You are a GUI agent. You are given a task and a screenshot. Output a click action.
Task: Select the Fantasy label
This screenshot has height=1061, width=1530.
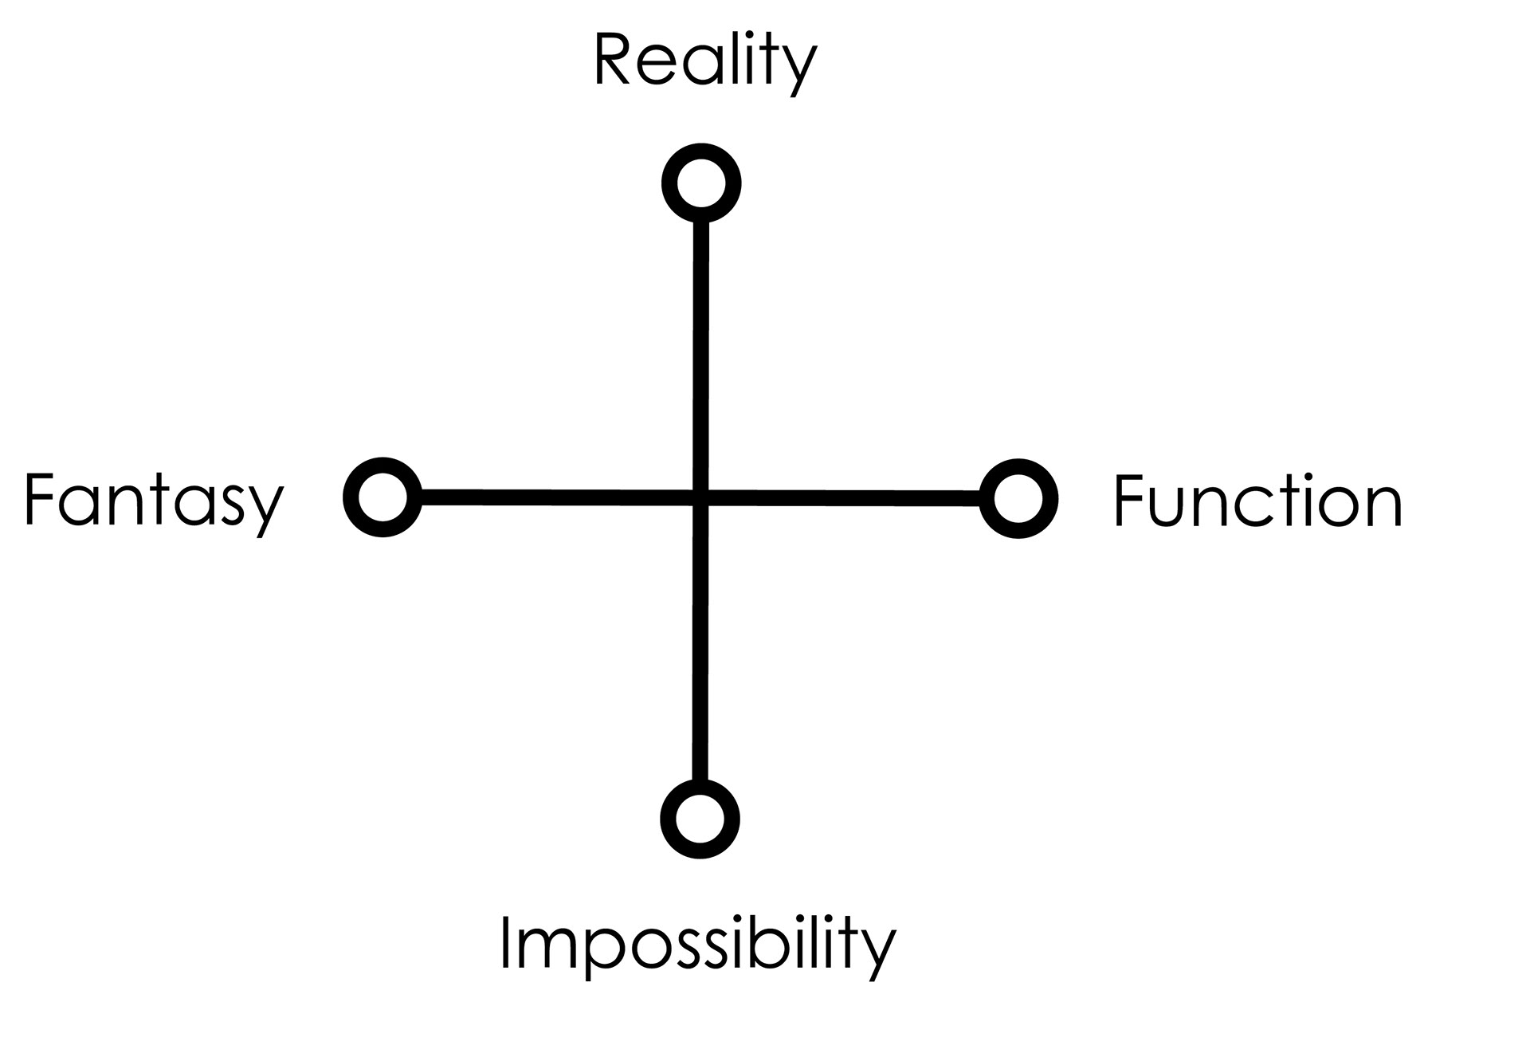(154, 500)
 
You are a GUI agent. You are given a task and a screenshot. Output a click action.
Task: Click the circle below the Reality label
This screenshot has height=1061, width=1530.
(701, 184)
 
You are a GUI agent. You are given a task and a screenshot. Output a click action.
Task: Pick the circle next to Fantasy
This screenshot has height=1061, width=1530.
(382, 497)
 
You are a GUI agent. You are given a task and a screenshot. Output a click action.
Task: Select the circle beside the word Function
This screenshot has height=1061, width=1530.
(1018, 499)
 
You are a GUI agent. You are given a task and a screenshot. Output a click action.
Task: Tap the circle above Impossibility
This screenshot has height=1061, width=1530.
(700, 819)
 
